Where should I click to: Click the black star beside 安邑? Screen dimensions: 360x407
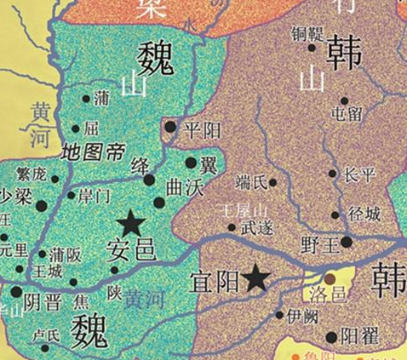click(x=131, y=224)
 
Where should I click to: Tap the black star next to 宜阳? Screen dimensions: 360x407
click(x=255, y=277)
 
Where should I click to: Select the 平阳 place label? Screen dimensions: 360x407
click(x=203, y=129)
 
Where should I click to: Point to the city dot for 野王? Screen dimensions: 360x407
click(x=347, y=242)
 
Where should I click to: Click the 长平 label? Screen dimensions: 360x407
click(x=358, y=174)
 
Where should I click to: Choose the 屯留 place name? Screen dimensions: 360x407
click(x=346, y=112)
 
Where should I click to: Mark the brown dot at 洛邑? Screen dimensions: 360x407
click(x=330, y=278)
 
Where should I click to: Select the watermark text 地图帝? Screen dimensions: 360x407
click(x=94, y=153)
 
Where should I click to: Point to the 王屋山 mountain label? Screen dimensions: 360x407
click(x=244, y=209)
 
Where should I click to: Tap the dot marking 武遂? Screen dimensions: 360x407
click(x=232, y=227)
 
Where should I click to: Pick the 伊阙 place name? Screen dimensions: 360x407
click(x=304, y=315)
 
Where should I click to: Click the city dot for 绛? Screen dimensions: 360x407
click(x=150, y=180)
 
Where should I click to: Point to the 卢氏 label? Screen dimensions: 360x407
click(x=45, y=335)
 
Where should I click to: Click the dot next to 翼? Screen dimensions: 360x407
click(x=191, y=163)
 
